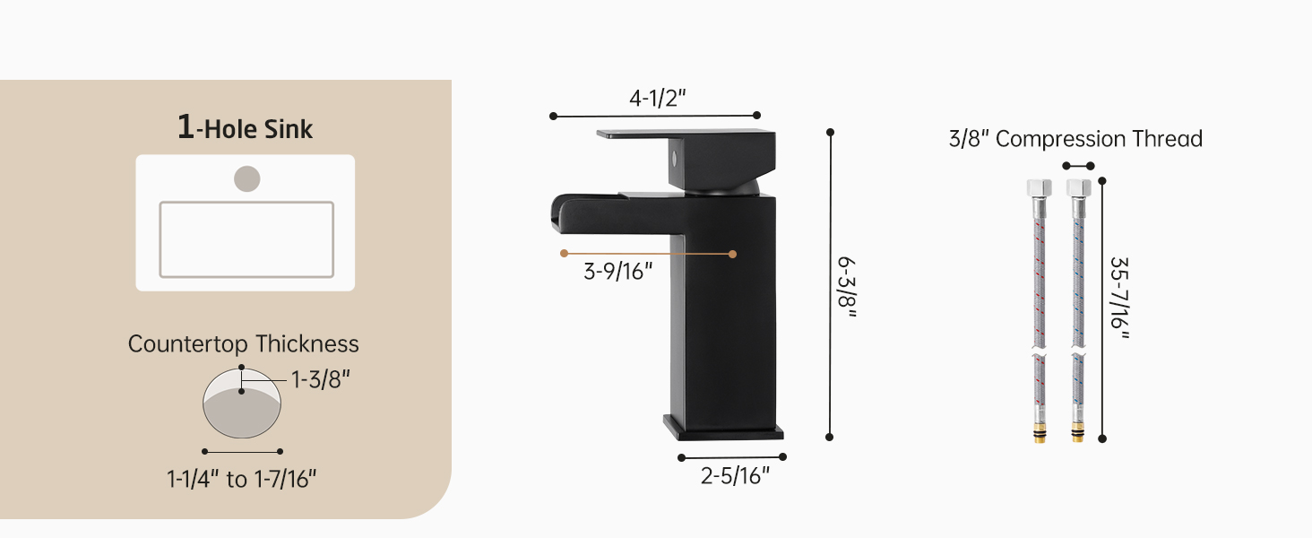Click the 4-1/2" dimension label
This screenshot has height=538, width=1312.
[657, 98]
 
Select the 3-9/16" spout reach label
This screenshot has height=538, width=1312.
[618, 272]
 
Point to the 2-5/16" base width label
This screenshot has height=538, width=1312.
[735, 475]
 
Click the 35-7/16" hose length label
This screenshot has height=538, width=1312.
[1119, 298]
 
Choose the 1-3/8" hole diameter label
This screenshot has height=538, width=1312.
[321, 380]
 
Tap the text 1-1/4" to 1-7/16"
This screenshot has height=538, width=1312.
[241, 479]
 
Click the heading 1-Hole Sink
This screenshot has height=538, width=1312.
[245, 127]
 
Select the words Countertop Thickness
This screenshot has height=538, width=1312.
[243, 344]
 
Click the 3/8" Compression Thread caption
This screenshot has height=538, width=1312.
[1075, 139]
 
